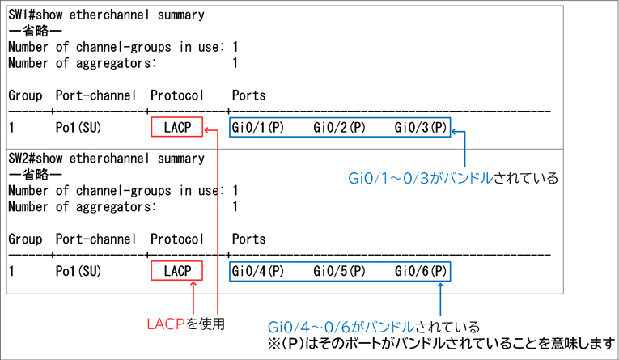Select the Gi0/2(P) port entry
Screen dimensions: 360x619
tap(339, 128)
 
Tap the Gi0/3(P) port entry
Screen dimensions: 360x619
tap(420, 128)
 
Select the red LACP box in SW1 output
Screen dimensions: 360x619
tap(177, 128)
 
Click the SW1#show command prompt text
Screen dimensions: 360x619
tap(106, 15)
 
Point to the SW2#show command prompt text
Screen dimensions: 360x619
tap(106, 157)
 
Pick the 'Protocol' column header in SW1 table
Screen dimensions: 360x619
tap(177, 95)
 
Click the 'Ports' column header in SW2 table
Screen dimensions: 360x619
tap(248, 239)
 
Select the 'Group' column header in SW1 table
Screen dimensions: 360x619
tap(25, 95)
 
